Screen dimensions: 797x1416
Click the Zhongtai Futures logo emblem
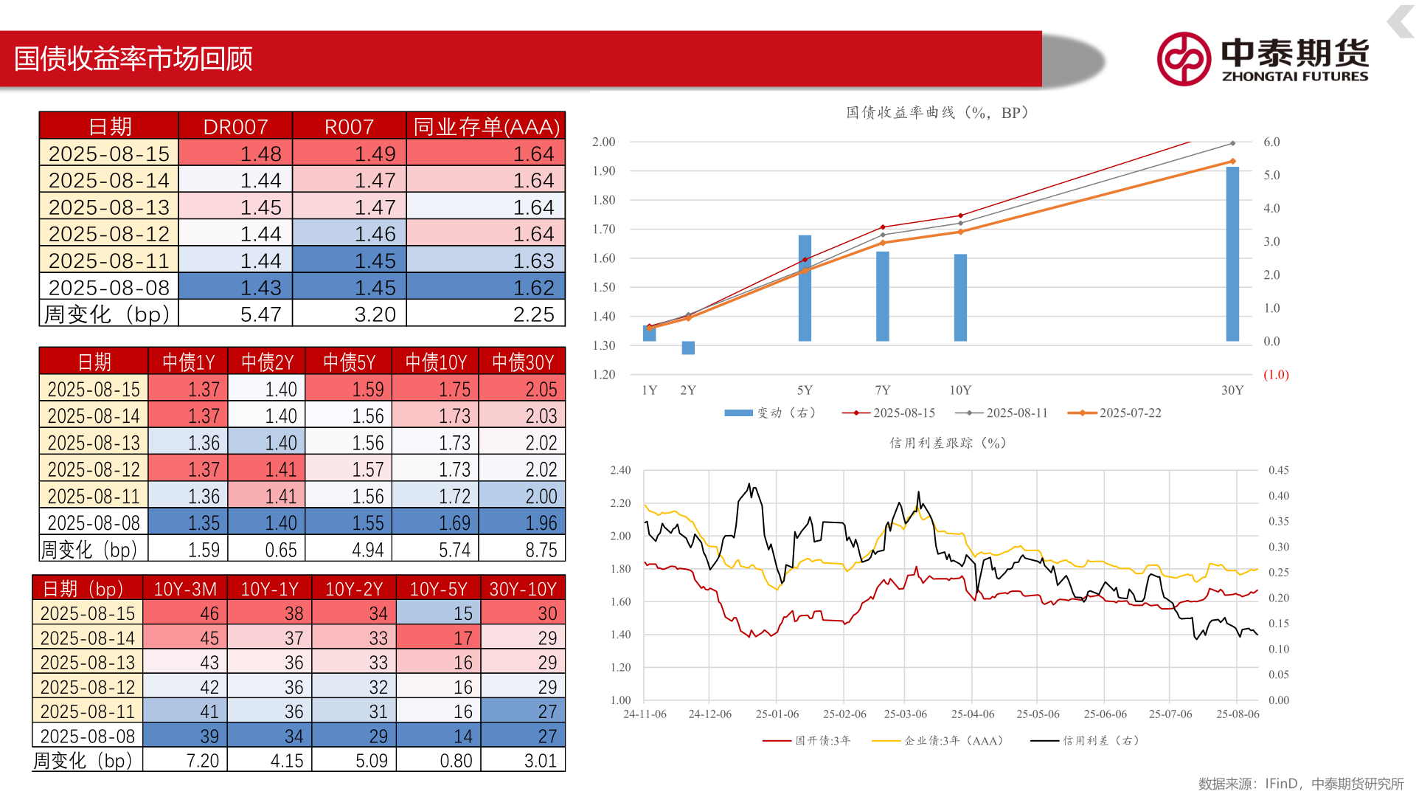(1183, 59)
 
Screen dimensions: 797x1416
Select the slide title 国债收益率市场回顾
(133, 59)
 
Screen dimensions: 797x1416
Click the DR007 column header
(235, 127)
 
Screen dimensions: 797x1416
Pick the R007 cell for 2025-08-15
(350, 153)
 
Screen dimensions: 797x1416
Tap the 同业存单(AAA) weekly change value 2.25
(486, 314)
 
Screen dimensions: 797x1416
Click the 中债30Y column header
(522, 362)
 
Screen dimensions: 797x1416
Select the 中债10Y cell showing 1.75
(436, 389)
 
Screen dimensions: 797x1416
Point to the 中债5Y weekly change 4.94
(349, 550)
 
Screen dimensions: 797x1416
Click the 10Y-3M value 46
(185, 613)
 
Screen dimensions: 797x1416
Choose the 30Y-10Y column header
(522, 589)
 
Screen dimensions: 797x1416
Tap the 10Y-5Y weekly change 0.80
(438, 760)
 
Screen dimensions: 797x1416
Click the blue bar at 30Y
(1232, 254)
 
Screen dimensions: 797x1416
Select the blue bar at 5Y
(805, 288)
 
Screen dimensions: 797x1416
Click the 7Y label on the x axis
(882, 390)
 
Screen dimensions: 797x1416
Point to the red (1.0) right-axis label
(1276, 375)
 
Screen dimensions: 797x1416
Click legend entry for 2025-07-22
(1114, 413)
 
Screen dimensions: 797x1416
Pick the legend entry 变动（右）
(771, 413)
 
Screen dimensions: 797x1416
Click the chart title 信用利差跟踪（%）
(948, 443)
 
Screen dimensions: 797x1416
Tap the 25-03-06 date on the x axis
(905, 714)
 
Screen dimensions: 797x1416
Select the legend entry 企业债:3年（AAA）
(937, 741)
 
